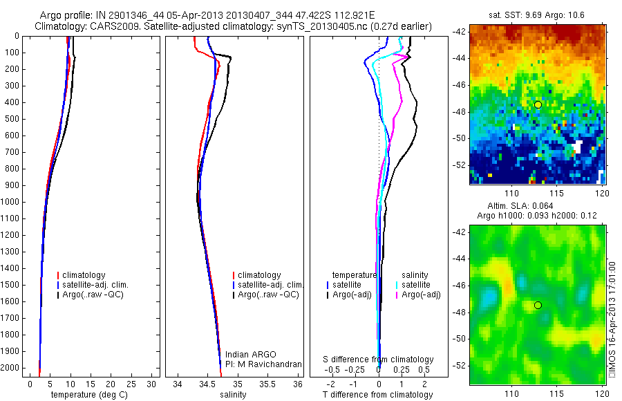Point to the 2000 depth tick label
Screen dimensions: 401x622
[11, 368]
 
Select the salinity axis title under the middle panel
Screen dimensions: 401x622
[234, 395]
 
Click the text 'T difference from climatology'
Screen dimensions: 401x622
[377, 395]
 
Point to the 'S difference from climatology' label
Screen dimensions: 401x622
[379, 360]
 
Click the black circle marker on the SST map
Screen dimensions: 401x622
[538, 104]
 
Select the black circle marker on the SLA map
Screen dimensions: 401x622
[538, 305]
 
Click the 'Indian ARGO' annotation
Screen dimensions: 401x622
[247, 355]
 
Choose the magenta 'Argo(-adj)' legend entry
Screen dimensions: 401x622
[421, 295]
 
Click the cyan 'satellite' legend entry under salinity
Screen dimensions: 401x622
[416, 285]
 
